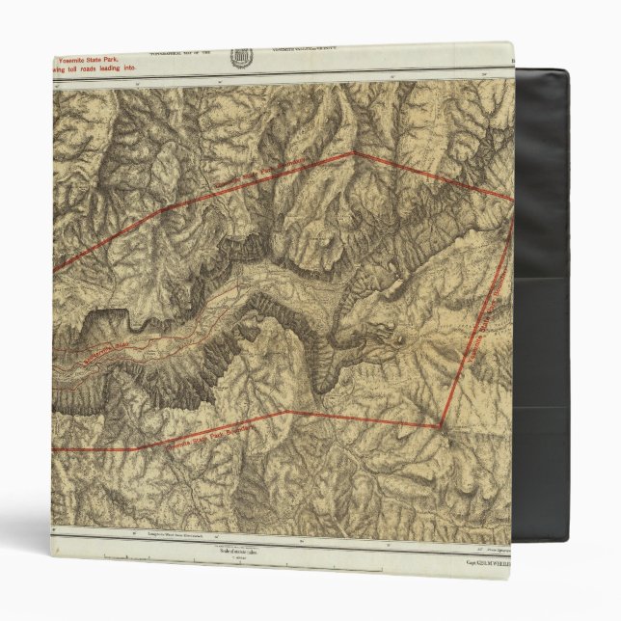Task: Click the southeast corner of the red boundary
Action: click(x=442, y=425)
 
